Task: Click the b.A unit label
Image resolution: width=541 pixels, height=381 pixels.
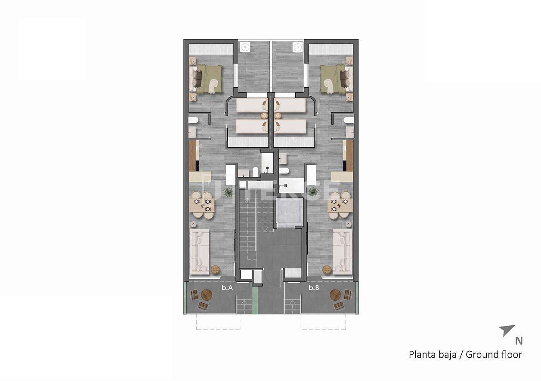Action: click(227, 288)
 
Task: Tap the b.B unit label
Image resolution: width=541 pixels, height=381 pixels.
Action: click(314, 288)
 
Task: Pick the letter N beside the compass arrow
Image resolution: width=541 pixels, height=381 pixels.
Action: click(519, 341)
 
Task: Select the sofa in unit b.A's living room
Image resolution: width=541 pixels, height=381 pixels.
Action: click(199, 251)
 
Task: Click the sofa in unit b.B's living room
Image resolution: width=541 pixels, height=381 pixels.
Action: click(343, 251)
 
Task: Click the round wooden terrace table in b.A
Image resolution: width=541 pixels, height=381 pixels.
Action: click(207, 295)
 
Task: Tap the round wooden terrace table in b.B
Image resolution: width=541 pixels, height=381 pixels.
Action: click(335, 295)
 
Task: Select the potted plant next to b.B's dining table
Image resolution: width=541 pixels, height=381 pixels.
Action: click(313, 192)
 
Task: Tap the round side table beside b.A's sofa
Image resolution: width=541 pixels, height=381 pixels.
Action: click(215, 269)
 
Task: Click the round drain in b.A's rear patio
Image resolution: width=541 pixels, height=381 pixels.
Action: click(245, 46)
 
